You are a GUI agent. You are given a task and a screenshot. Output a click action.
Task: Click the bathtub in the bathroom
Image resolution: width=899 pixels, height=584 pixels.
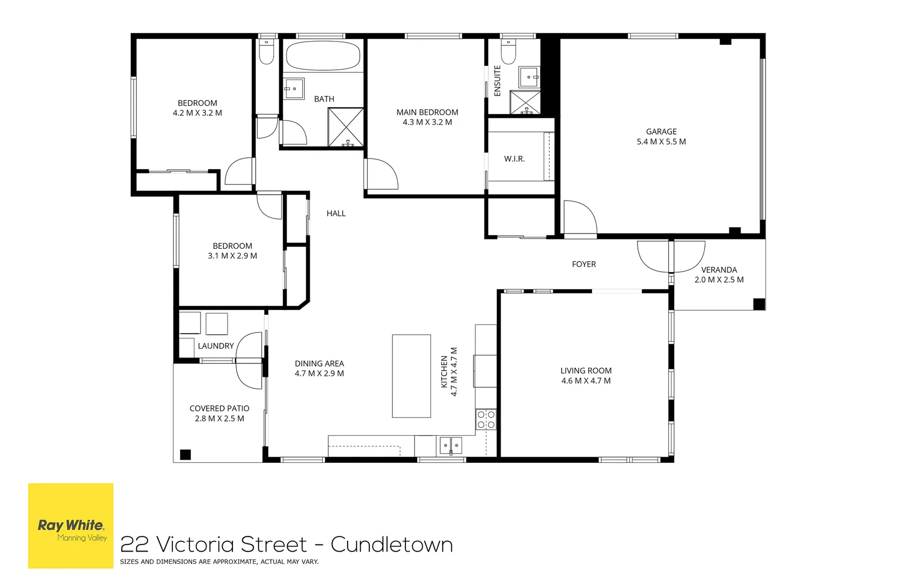(323, 56)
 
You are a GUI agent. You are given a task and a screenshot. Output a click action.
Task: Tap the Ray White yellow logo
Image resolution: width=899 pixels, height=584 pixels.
(71, 526)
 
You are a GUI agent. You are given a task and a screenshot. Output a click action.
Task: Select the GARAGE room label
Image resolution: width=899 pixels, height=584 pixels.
(661, 131)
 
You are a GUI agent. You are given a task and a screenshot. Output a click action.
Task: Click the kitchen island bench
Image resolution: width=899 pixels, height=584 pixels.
(411, 376)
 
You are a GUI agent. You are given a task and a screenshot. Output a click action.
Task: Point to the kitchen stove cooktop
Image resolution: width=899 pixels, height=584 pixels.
(486, 420)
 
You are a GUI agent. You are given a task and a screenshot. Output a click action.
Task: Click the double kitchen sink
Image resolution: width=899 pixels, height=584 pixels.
(450, 446)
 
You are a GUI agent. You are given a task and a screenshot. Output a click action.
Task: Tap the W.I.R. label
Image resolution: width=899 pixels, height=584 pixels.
(514, 159)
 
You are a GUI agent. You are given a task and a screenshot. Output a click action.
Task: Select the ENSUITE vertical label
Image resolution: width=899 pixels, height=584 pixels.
(497, 81)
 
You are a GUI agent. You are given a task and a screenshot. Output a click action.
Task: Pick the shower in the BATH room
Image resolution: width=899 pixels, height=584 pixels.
(346, 127)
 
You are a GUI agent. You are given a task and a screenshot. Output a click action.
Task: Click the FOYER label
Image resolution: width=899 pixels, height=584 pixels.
(584, 264)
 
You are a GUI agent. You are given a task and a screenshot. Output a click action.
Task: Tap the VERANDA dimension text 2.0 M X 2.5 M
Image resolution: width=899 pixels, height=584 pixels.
(719, 280)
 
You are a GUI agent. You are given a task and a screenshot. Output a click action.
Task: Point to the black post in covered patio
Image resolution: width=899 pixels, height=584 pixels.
(185, 454)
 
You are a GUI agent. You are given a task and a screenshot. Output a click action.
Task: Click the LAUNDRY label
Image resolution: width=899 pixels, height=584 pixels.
(216, 346)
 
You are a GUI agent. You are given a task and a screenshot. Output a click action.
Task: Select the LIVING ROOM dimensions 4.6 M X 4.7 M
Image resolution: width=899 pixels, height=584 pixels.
(586, 381)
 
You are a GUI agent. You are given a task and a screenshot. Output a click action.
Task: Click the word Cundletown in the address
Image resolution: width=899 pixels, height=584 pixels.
(391, 545)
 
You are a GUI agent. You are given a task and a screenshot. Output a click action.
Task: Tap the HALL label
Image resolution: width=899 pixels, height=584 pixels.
(336, 214)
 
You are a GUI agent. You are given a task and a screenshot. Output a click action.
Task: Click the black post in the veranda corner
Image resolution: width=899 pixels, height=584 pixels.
(759, 304)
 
